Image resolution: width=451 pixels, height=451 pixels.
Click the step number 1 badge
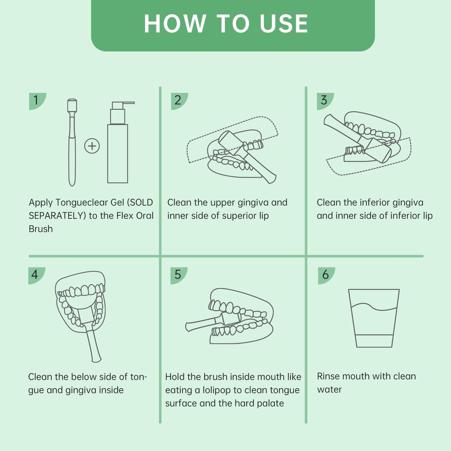(37, 101)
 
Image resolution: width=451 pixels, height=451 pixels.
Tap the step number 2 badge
(179, 101)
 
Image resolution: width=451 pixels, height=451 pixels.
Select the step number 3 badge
(325, 101)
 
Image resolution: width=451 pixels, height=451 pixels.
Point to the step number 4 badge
(36, 276)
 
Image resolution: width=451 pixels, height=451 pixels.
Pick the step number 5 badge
(179, 276)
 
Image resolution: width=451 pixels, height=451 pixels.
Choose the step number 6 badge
(326, 276)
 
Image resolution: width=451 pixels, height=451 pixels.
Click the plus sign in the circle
(92, 146)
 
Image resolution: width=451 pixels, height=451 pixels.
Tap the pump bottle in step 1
(119, 142)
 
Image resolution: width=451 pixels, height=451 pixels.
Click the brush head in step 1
(72, 105)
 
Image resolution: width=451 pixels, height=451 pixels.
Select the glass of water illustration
(374, 318)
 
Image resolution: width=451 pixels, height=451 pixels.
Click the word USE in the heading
(284, 24)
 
